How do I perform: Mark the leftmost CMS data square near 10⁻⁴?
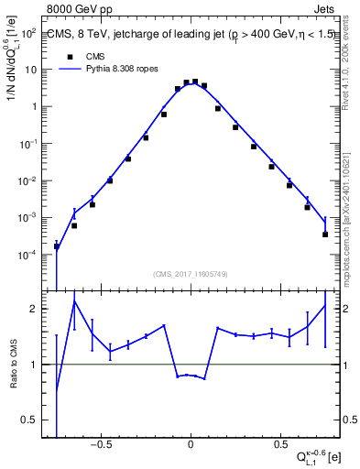(x=57, y=246)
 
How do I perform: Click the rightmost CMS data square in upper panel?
(x=325, y=234)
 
